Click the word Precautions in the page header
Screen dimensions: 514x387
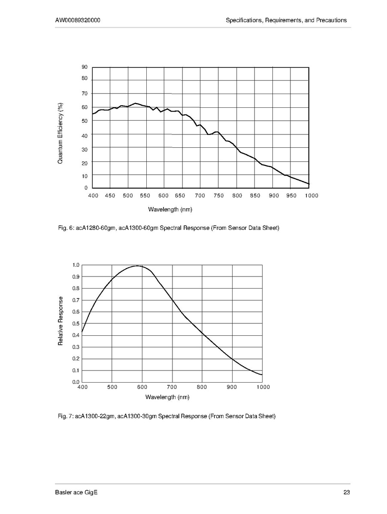pyautogui.click(x=331, y=20)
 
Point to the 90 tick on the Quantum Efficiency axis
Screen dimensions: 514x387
pyautogui.click(x=85, y=67)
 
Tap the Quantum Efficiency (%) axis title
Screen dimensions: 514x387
pyautogui.click(x=60, y=133)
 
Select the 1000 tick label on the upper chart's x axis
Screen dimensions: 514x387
pyautogui.click(x=311, y=196)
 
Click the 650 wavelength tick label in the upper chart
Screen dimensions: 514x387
pyautogui.click(x=181, y=196)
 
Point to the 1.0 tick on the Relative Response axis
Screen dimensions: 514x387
pyautogui.click(x=76, y=265)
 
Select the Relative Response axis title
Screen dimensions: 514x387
pyautogui.click(x=60, y=321)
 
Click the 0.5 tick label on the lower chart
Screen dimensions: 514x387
pyautogui.click(x=76, y=323)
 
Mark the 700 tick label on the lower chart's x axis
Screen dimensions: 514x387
pyautogui.click(x=172, y=387)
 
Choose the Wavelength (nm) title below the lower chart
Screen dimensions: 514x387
pyautogui.click(x=167, y=397)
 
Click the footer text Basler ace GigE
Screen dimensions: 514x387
pyautogui.click(x=76, y=493)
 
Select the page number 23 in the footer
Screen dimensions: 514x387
pyautogui.click(x=347, y=493)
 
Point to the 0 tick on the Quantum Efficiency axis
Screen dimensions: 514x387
pyautogui.click(x=86, y=188)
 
